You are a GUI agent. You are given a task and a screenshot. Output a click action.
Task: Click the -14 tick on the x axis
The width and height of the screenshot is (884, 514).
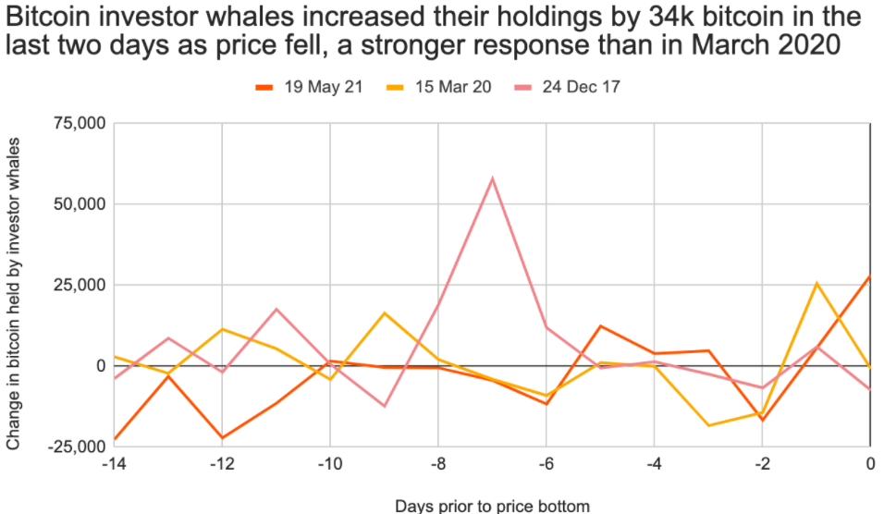tap(114, 464)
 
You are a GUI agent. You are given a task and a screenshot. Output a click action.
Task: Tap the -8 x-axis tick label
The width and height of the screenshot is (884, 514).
tap(437, 464)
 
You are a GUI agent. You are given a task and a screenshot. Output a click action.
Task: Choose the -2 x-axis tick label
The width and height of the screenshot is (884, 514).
tap(761, 464)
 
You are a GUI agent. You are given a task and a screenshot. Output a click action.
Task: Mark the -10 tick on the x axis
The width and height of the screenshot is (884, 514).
tap(329, 464)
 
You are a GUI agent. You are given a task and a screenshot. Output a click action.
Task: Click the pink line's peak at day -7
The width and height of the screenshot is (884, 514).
tap(492, 178)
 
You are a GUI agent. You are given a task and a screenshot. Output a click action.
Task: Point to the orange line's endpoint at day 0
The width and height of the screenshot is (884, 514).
tap(869, 276)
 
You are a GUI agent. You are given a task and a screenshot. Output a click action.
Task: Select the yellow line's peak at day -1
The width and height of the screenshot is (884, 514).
tap(816, 283)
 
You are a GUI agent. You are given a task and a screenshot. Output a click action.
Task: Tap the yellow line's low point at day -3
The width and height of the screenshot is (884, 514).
tap(708, 425)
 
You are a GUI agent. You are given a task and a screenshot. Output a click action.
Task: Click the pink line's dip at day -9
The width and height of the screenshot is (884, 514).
tap(384, 406)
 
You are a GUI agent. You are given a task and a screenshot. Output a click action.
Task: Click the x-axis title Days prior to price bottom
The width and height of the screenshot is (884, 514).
tap(492, 505)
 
